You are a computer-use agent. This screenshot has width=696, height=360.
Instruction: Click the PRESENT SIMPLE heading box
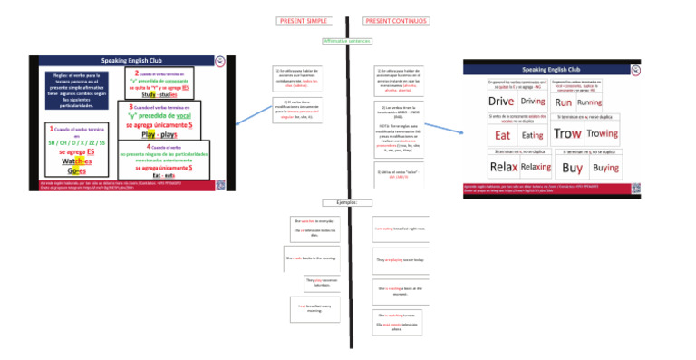pyautogui.click(x=304, y=21)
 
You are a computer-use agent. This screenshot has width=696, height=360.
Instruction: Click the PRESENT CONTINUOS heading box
pyautogui.click(x=397, y=21)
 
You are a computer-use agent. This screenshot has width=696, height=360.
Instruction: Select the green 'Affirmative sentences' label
pyautogui.click(x=346, y=41)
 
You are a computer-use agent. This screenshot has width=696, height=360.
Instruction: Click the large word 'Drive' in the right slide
pyautogui.click(x=500, y=102)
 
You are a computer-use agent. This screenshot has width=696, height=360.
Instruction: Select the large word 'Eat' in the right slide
pyautogui.click(x=503, y=134)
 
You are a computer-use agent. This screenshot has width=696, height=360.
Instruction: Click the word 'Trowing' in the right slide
pyautogui.click(x=602, y=133)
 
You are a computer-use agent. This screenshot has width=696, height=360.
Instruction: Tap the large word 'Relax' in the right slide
pyautogui.click(x=503, y=167)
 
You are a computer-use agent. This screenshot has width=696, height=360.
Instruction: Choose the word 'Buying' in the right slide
pyautogui.click(x=605, y=168)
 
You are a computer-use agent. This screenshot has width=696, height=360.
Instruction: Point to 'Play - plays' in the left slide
pyautogui.click(x=159, y=133)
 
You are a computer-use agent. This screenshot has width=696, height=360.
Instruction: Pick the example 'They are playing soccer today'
pyautogui.click(x=399, y=259)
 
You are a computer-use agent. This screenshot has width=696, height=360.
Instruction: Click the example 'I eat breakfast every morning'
pyautogui.click(x=312, y=308)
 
